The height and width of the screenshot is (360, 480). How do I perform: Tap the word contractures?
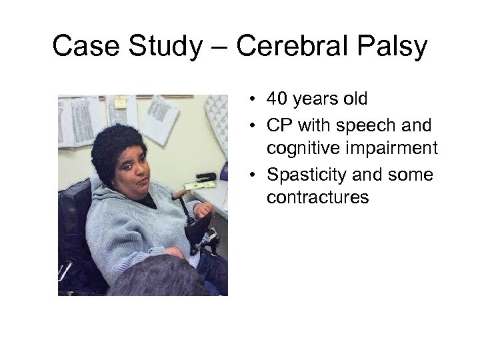[317, 197]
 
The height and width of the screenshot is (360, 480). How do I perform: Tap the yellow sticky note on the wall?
[120, 103]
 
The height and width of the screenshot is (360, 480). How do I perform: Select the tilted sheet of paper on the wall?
[159, 119]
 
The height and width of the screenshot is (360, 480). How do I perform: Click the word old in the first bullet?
[354, 99]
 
